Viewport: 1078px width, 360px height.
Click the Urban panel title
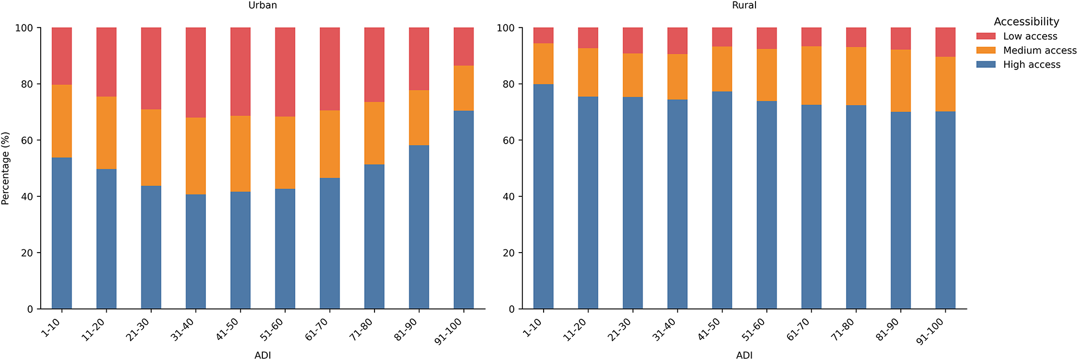tap(262, 5)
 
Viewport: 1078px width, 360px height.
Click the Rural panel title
tap(744, 5)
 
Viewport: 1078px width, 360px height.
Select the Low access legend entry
tap(1029, 36)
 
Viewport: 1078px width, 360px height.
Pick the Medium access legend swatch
tap(986, 50)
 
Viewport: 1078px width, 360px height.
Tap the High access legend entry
tap(1031, 65)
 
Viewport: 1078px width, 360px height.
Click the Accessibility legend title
tap(1026, 22)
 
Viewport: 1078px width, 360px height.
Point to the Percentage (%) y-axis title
tap(5, 168)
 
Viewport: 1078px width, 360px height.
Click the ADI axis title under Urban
tap(262, 355)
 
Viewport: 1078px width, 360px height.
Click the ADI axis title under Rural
tap(744, 355)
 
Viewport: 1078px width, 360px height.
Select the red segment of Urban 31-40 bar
tap(196, 72)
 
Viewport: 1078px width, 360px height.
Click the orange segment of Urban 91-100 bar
tap(463, 88)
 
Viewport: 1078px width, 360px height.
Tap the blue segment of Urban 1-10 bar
tap(62, 233)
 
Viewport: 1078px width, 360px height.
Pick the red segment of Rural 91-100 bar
tap(945, 42)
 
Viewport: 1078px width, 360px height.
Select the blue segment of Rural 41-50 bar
tap(722, 201)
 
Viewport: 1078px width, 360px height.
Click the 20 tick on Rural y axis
tap(508, 253)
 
